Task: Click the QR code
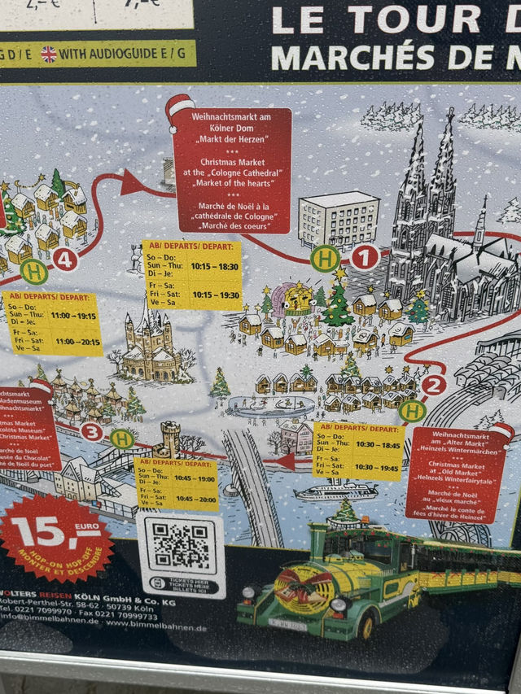181,545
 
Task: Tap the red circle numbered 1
365,258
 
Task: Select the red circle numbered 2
434,385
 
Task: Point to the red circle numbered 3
92,431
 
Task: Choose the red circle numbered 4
65,260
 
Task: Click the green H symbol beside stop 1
325,259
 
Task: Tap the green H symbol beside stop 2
413,411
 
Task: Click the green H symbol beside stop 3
122,439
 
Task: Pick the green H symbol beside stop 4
34,271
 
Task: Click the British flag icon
49,54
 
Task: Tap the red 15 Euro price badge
56,537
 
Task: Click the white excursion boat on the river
336,492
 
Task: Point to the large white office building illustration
339,219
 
